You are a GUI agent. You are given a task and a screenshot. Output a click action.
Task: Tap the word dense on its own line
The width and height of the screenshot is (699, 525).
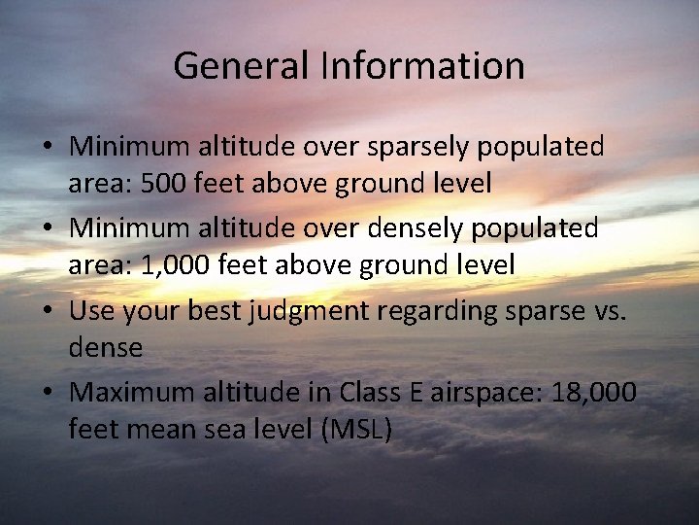point(105,347)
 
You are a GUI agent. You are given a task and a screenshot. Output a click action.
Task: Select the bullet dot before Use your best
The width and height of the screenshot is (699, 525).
point(47,312)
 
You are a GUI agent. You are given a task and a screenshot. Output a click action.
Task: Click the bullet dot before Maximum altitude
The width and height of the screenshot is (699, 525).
point(47,394)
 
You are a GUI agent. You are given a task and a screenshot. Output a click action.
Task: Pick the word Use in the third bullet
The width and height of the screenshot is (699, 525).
point(92,311)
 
